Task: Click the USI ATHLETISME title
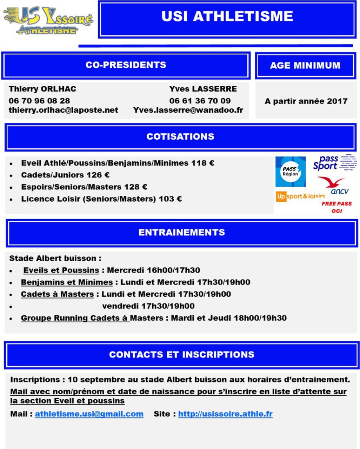227,16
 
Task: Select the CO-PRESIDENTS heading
126,65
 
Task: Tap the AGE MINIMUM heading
305,66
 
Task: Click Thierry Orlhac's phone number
40,101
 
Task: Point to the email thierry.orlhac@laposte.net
63,110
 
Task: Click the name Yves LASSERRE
203,89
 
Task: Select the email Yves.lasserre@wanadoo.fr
188,110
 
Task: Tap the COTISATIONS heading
180,137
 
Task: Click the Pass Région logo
290,171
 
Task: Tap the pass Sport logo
335,162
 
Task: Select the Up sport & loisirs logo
300,196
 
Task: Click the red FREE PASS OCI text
337,207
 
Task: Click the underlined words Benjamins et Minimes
67,282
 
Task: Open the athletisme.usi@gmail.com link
89,414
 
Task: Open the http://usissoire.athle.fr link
225,414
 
